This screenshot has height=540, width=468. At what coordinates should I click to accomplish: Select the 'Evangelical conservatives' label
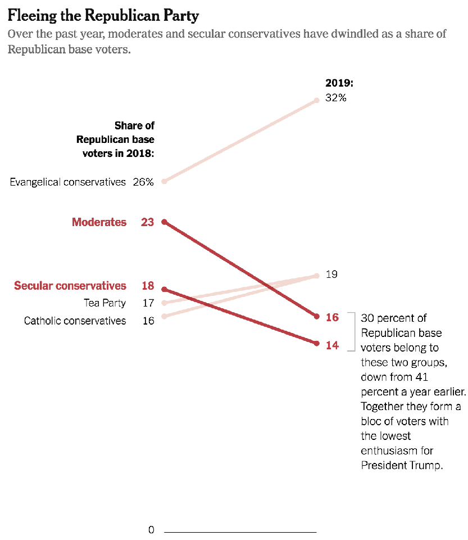[67, 182]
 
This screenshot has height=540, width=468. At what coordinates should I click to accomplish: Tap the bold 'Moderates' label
[99, 222]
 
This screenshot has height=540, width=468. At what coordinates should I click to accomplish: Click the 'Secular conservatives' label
[70, 286]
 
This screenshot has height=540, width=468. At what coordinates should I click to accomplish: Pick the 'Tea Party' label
[105, 303]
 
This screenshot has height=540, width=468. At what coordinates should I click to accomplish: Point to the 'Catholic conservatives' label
[75, 321]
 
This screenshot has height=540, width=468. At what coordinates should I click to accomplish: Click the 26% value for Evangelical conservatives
[143, 182]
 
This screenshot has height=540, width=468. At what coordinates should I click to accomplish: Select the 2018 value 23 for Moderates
[147, 222]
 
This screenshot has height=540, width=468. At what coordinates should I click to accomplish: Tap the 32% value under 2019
[336, 98]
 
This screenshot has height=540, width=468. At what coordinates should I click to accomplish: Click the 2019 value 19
[331, 274]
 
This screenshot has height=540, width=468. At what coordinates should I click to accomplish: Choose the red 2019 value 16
[333, 318]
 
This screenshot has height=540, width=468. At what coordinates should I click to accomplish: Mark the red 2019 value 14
[333, 345]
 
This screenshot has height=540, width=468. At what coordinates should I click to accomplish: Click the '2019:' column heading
[339, 83]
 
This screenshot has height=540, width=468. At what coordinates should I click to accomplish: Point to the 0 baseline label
[151, 530]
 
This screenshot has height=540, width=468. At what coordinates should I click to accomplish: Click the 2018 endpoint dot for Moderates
[164, 222]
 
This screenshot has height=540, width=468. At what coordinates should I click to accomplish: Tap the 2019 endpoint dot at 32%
[317, 100]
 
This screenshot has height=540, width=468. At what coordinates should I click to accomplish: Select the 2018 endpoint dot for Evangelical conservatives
[164, 181]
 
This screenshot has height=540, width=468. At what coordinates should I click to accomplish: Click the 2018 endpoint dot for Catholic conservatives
[164, 316]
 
